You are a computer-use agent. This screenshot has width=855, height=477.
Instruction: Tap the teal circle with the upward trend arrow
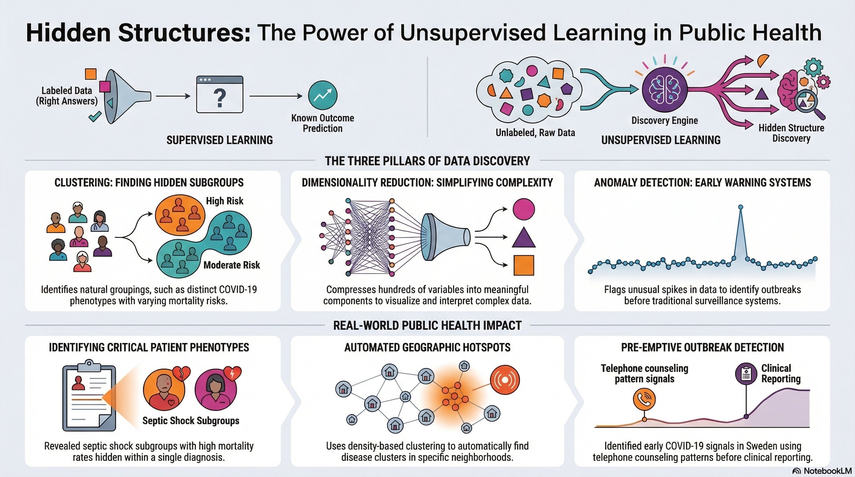[x=322, y=96]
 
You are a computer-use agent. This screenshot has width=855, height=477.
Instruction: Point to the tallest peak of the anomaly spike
[x=740, y=207]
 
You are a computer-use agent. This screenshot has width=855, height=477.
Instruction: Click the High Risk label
[x=225, y=201]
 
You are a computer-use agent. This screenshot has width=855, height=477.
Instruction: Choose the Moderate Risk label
[x=232, y=265]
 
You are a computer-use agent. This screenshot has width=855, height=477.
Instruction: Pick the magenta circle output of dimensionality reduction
[x=524, y=209]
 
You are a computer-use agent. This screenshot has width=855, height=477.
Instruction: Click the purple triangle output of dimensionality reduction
[x=524, y=238]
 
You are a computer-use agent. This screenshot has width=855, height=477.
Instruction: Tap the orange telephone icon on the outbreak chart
[x=644, y=399]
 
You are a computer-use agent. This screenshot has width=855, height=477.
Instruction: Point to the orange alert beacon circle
[x=505, y=380]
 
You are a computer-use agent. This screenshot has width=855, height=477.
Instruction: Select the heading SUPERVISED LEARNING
[x=220, y=140]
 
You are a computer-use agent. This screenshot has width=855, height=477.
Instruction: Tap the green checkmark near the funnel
[x=94, y=117]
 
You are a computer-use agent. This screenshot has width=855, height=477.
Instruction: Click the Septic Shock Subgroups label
[x=191, y=420]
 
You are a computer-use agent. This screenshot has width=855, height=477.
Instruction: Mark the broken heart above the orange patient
[x=183, y=374]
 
